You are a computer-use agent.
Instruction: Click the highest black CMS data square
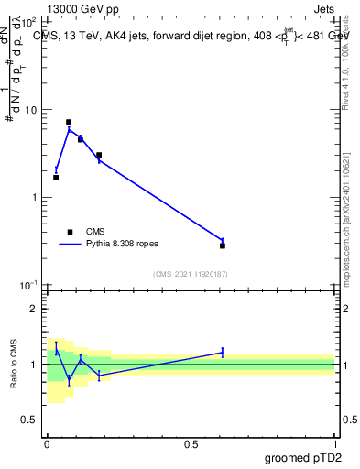point(69,122)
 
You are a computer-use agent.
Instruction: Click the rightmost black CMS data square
point(223,245)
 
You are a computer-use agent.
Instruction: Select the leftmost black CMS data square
point(56,177)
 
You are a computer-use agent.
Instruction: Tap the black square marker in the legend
point(69,232)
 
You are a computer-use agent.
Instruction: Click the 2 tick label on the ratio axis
point(33,309)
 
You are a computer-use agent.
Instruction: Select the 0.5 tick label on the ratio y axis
point(29,420)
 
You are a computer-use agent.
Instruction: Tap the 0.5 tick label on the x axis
point(191,444)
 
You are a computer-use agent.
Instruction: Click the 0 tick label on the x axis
point(47,444)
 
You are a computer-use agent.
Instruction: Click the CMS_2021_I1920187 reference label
point(191,274)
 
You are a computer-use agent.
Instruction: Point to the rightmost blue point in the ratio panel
point(223,352)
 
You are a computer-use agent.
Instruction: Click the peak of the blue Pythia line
point(69,129)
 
